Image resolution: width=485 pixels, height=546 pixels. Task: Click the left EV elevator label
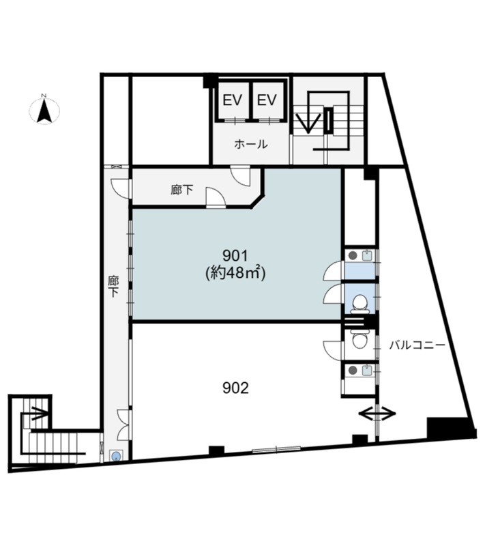[233, 100]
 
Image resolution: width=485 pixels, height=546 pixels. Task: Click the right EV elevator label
[267, 100]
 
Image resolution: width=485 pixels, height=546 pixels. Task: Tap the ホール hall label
[250, 144]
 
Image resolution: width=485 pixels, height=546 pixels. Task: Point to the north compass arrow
[44, 111]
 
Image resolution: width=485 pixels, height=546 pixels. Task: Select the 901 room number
[235, 256]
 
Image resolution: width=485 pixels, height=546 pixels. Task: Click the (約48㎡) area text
[235, 272]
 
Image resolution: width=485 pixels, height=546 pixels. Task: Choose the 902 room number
[235, 388]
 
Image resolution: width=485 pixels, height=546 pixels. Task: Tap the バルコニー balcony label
[417, 345]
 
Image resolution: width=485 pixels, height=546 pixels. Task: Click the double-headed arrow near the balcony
[377, 414]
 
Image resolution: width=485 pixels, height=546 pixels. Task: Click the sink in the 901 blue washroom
[367, 256]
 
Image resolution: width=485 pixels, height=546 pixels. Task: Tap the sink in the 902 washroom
[367, 371]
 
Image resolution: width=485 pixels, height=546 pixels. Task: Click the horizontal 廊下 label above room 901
[182, 190]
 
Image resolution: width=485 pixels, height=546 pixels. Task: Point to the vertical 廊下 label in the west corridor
[113, 286]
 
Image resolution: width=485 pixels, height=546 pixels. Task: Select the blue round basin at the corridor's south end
[116, 455]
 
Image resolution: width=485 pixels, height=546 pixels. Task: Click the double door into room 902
[124, 425]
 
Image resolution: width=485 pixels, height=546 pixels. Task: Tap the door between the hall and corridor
[241, 175]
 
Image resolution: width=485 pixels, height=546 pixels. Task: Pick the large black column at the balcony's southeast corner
[451, 427]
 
